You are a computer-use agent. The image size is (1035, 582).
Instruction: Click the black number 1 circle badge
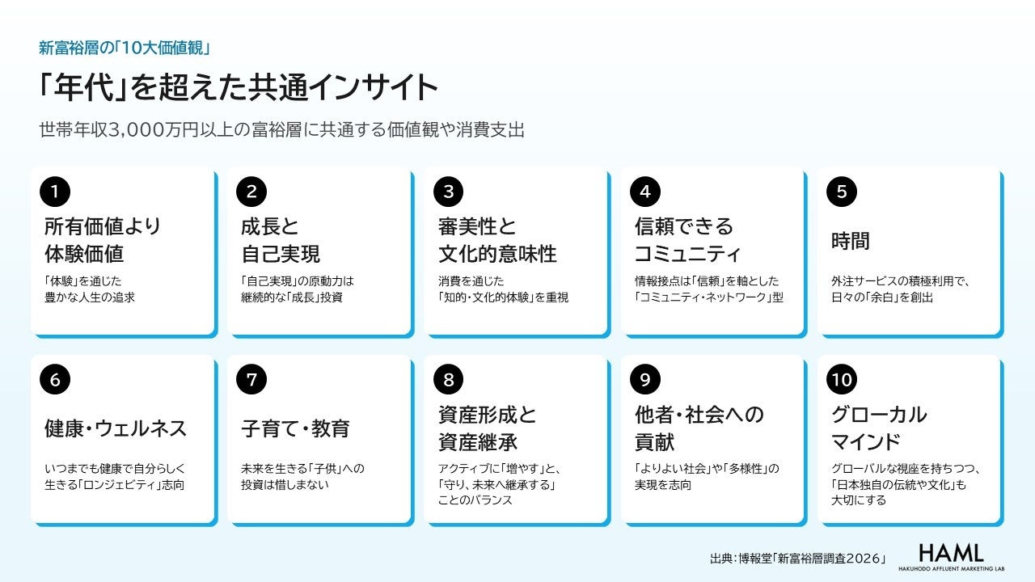pyautogui.click(x=55, y=192)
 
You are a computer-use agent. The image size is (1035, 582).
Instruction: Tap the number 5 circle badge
pyautogui.click(x=842, y=192)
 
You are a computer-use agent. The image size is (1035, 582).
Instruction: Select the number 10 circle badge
pyautogui.click(x=842, y=380)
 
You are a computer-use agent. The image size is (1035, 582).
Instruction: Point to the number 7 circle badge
pyautogui.click(x=251, y=380)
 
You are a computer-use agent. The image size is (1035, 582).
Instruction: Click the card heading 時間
pyautogui.click(x=850, y=241)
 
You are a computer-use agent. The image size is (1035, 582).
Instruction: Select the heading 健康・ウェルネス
pyautogui.click(x=116, y=428)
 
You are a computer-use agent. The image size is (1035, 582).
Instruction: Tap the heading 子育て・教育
pyautogui.click(x=295, y=428)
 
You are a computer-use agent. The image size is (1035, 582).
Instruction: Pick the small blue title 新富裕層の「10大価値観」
pyautogui.click(x=125, y=48)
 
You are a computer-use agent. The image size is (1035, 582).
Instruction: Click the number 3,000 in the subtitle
pyautogui.click(x=136, y=130)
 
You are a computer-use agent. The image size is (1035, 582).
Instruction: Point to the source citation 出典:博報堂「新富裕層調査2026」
pyautogui.click(x=798, y=559)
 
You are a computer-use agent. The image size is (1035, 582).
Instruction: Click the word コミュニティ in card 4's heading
pyautogui.click(x=687, y=254)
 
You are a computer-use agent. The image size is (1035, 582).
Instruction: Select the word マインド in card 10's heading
pyautogui.click(x=866, y=441)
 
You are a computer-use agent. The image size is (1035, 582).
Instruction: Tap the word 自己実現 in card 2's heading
pyautogui.click(x=281, y=254)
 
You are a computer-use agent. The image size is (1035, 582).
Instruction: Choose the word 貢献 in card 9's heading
pyautogui.click(x=654, y=441)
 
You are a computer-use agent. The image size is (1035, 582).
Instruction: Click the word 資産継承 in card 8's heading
pyautogui.click(x=478, y=441)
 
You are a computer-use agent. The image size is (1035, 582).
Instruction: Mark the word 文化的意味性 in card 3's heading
pyautogui.click(x=497, y=254)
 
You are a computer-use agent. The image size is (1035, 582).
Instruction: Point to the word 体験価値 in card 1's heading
pyautogui.click(x=84, y=254)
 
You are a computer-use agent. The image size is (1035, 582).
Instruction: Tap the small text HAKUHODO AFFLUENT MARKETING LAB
pyautogui.click(x=952, y=568)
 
